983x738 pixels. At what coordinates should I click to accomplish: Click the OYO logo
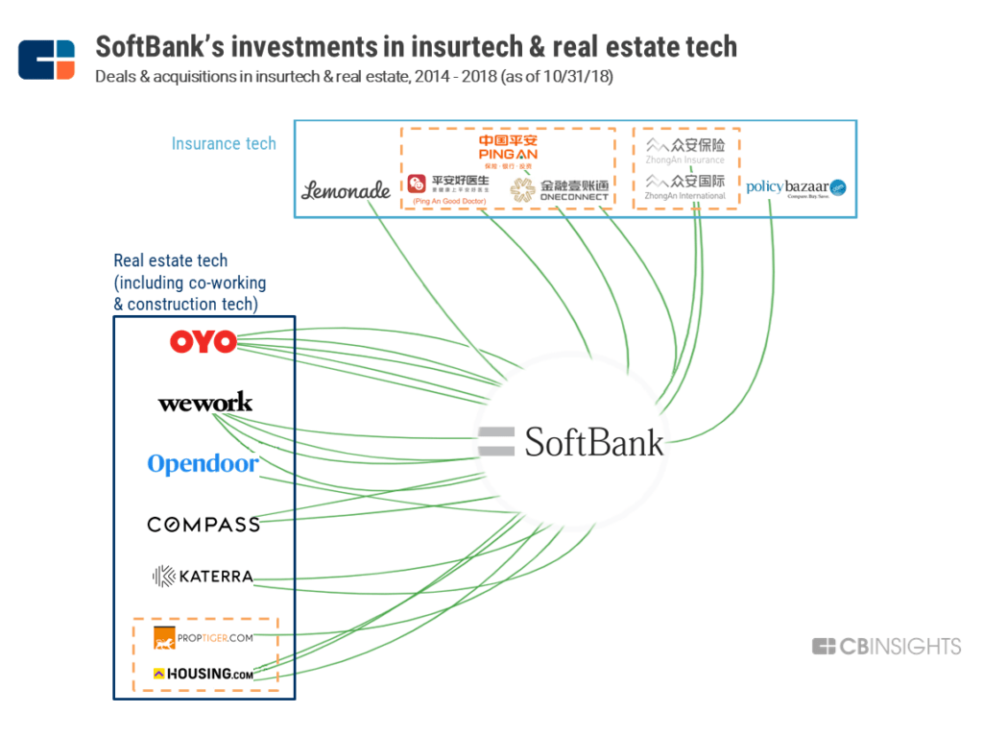203,341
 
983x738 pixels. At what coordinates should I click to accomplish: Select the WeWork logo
205,402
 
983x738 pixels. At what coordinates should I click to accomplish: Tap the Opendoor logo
203,464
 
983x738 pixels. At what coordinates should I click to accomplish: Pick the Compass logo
204,524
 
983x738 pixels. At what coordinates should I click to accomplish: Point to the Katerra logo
203,577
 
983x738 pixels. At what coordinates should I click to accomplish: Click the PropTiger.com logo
203,637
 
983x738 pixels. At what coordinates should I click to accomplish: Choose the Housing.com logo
203,674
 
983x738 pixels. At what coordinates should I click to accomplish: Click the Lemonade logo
346,189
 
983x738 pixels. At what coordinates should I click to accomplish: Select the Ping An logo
508,149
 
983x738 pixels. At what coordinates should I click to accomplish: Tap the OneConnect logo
560,188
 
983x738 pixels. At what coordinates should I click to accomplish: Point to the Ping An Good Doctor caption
447,202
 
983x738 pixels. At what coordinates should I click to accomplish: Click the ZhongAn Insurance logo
685,150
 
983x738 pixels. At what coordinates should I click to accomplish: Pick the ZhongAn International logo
685,185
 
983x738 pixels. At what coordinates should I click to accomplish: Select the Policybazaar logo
796,187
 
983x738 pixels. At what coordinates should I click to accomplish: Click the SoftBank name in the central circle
593,442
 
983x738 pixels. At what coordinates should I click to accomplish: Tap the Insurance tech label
224,143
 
